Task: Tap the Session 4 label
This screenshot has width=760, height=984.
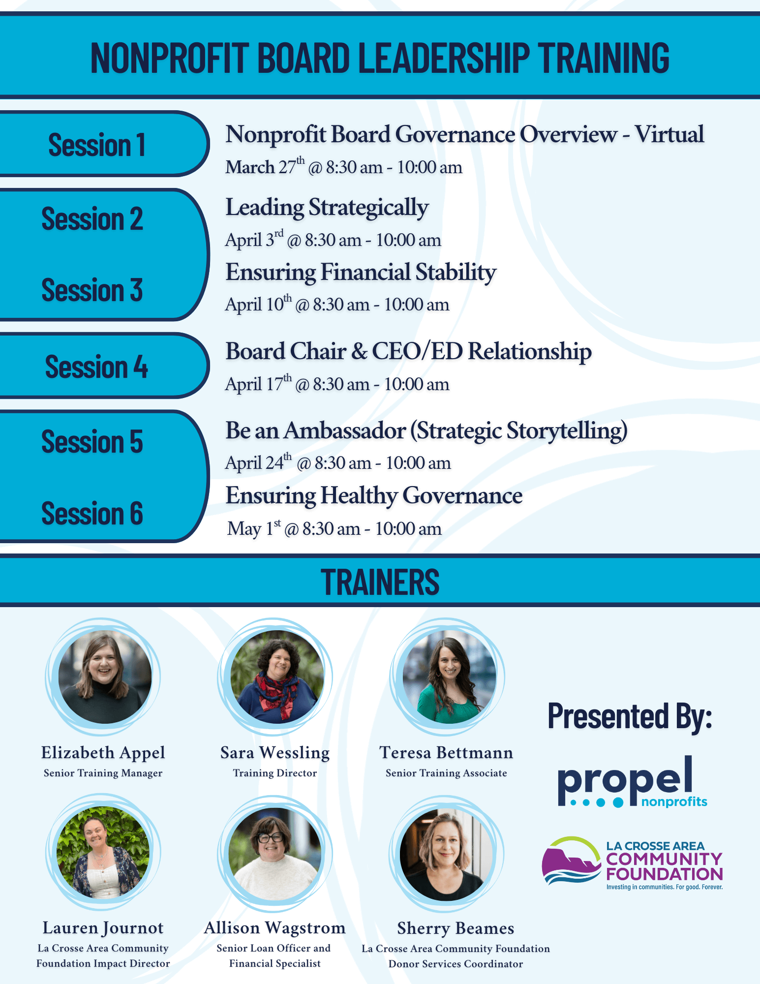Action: tap(96, 367)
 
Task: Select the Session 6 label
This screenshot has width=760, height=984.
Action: tap(92, 513)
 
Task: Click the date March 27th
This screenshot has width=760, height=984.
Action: tap(265, 166)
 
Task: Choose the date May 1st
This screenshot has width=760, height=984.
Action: tap(254, 528)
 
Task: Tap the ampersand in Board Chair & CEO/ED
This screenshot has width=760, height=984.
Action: tap(360, 351)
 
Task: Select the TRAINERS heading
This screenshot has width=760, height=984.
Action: tap(380, 582)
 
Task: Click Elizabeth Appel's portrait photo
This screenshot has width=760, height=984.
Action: tap(105, 676)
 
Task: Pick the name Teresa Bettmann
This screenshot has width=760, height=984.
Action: tap(446, 752)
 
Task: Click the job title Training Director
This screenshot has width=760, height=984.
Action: tap(275, 773)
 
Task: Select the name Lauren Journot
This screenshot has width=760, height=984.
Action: tap(103, 928)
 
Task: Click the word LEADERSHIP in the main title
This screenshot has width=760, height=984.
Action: tap(443, 58)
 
